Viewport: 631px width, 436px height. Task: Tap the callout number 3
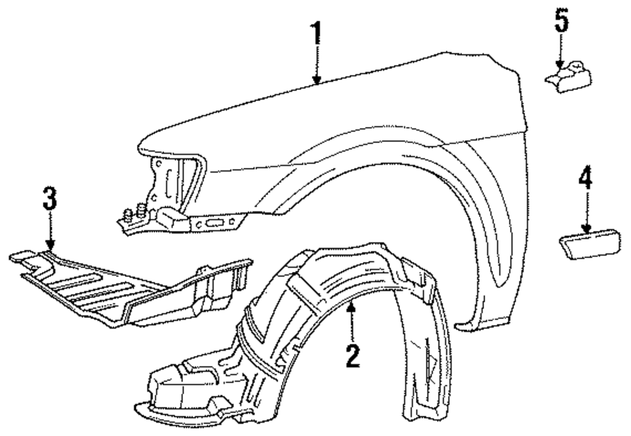point(50,201)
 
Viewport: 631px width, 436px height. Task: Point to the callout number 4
point(586,180)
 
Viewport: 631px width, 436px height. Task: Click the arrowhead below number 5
point(560,64)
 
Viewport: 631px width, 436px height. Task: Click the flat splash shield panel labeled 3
point(126,287)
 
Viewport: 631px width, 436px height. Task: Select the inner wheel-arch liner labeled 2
point(328,315)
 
